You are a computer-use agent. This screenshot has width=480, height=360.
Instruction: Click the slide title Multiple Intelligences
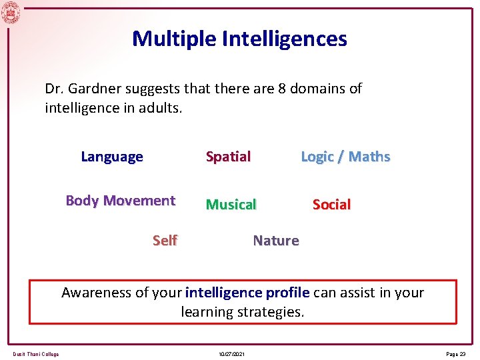tap(239, 39)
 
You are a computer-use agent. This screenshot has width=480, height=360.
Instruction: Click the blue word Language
tap(112, 157)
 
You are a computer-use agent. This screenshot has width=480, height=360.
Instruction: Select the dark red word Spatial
tap(228, 157)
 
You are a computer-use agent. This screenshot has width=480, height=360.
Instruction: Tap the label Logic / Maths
tap(345, 157)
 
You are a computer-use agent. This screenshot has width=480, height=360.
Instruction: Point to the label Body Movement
tap(121, 201)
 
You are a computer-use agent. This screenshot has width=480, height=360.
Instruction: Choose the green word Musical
tap(231, 205)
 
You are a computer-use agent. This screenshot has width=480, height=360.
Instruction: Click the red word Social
tap(331, 205)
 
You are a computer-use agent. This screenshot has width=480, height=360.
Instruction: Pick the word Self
tap(165, 241)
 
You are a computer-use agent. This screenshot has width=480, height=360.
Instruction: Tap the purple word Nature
tap(276, 241)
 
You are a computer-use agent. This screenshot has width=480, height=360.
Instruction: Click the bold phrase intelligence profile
tap(247, 293)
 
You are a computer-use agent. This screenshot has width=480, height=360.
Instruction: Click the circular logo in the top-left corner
tap(11, 12)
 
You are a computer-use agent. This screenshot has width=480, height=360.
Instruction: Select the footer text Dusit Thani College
tap(35, 354)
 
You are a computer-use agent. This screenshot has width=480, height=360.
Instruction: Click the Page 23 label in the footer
tap(457, 354)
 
